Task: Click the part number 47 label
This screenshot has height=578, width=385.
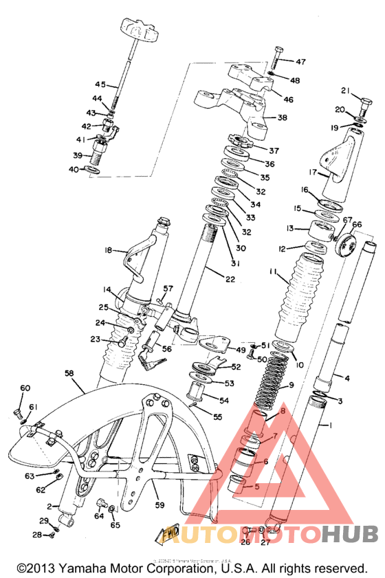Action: [300, 62]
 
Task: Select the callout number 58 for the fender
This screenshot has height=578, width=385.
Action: [69, 373]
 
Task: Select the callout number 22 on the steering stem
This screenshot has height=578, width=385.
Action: [230, 278]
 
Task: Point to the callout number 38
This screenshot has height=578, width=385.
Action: [282, 118]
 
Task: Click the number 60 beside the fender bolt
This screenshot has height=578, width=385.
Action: [25, 388]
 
